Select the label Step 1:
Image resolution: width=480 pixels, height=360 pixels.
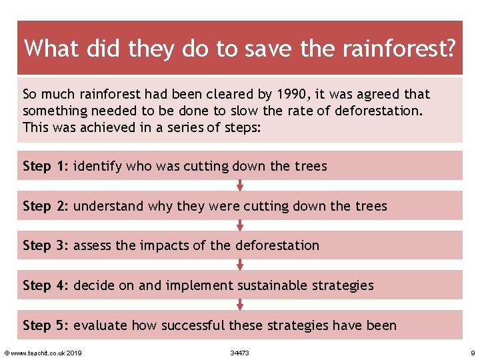(x=45, y=166)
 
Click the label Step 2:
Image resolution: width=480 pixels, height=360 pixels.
(x=45, y=206)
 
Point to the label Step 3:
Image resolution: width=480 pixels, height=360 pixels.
(x=45, y=245)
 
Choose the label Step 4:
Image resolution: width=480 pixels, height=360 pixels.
(x=45, y=285)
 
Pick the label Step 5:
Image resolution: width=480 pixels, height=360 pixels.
(x=45, y=325)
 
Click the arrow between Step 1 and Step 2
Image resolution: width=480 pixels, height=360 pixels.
(x=240, y=185)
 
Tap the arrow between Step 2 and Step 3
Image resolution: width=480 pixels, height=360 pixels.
(x=240, y=225)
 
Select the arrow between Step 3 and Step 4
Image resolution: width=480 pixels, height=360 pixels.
(x=240, y=265)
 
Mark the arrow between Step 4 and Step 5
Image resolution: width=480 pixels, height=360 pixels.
(x=240, y=305)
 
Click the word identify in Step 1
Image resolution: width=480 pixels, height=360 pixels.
(x=96, y=166)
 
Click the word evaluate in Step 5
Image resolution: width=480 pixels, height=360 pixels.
(x=100, y=325)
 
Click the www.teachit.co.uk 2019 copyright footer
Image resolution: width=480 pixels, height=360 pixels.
(x=43, y=353)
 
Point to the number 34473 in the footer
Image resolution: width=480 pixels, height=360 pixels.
(x=239, y=353)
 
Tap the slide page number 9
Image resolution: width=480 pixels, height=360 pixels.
(x=472, y=353)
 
